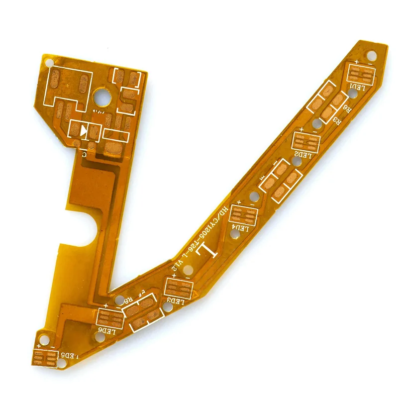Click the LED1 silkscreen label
(357, 87)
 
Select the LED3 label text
(176, 300)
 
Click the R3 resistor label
(335, 121)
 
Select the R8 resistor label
(127, 300)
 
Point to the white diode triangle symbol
(83, 131)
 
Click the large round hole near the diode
(103, 96)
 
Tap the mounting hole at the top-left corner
(49, 63)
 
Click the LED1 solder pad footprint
(361, 74)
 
